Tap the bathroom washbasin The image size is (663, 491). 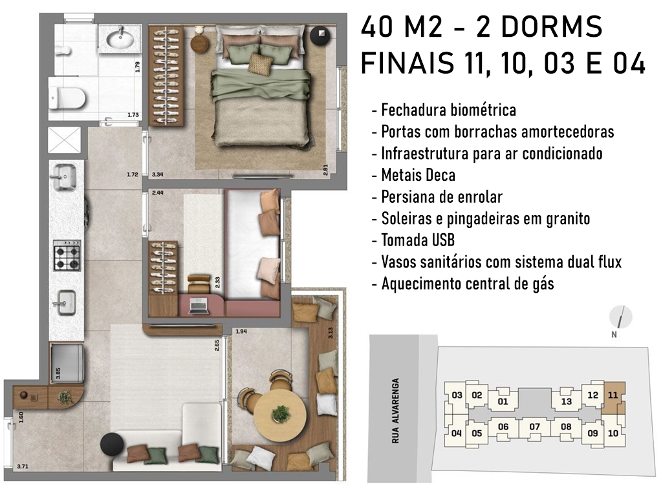click(x=121, y=39)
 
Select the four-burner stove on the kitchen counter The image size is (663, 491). click(x=67, y=255)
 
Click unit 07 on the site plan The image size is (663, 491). click(x=534, y=427)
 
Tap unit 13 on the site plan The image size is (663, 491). click(x=566, y=401)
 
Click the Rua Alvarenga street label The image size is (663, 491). click(x=395, y=411)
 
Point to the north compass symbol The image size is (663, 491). click(x=620, y=317)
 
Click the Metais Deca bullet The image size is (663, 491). click(x=413, y=175)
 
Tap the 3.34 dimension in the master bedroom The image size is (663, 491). click(x=158, y=174)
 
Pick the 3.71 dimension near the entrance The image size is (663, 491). click(x=23, y=466)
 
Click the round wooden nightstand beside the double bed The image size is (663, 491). click(x=201, y=41)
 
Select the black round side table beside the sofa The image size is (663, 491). click(x=112, y=444)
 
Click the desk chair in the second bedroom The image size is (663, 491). click(x=199, y=283)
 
